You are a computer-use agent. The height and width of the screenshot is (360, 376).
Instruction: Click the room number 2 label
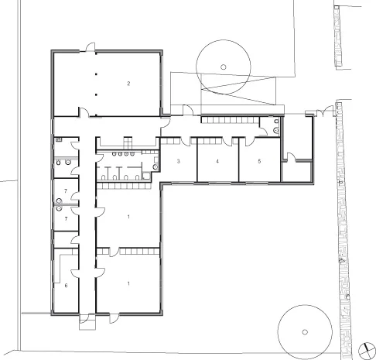tap(128, 84)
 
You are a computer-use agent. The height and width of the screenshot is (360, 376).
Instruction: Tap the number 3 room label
tap(178, 162)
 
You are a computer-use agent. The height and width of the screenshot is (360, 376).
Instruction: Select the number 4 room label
tap(217, 162)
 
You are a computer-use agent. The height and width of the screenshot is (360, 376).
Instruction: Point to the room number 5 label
tap(259, 161)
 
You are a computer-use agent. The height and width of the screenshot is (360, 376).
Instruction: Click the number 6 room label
tap(66, 286)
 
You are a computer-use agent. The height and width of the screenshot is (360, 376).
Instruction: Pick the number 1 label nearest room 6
tap(128, 283)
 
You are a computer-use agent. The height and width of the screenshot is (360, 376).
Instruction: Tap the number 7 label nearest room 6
tap(66, 219)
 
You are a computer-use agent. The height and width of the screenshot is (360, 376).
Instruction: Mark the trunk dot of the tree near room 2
tap(224, 67)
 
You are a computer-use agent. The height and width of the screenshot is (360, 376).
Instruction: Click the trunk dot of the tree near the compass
tap(305, 332)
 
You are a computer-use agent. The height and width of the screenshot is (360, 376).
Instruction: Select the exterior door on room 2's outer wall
tap(91, 47)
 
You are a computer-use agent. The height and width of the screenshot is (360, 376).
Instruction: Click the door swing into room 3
tap(185, 141)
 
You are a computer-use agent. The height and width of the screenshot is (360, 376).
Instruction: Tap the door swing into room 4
tap(227, 142)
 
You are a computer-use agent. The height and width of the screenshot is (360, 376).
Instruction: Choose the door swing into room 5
tap(250, 142)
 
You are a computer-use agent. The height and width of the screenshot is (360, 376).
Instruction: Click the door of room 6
tap(75, 273)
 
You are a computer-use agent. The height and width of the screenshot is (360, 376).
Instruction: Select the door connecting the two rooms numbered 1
tap(115, 252)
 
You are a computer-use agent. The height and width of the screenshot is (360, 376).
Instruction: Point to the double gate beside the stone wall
tap(324, 111)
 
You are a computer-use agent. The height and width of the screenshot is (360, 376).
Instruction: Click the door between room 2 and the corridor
tap(84, 112)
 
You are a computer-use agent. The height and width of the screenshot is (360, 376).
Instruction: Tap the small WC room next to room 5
tap(270, 126)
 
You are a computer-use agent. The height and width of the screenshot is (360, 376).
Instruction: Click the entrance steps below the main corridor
tap(87, 321)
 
